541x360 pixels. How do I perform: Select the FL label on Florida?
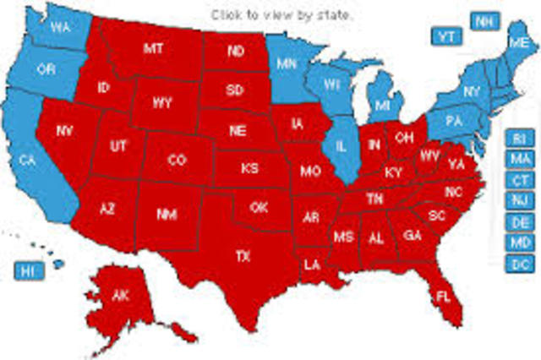[x=442, y=297]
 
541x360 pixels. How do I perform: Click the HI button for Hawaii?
[x=30, y=270]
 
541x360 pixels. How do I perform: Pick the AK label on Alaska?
[x=121, y=295]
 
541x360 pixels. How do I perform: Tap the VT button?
[x=445, y=35]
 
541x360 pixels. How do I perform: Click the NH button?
[x=484, y=21]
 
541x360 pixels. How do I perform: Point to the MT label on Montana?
[x=153, y=50]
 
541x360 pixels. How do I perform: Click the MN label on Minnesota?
[x=287, y=63]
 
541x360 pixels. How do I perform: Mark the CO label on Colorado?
[x=177, y=160]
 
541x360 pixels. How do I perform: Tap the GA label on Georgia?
[x=413, y=235]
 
